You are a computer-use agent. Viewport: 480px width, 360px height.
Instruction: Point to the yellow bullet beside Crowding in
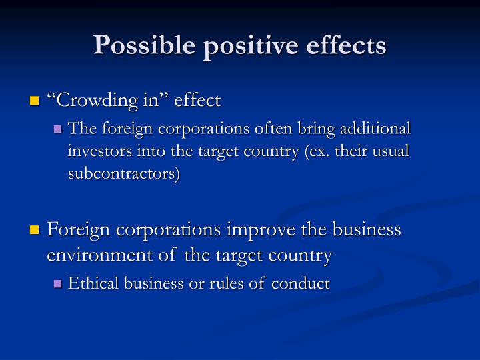click(35, 101)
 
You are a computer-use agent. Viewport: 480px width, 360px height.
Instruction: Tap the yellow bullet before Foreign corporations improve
click(35, 231)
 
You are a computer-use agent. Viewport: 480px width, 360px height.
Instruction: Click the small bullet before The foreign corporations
click(57, 129)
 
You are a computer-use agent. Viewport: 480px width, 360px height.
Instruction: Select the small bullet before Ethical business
click(57, 285)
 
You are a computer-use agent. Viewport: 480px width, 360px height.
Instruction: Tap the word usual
click(390, 151)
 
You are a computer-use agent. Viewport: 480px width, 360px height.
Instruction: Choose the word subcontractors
click(123, 175)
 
